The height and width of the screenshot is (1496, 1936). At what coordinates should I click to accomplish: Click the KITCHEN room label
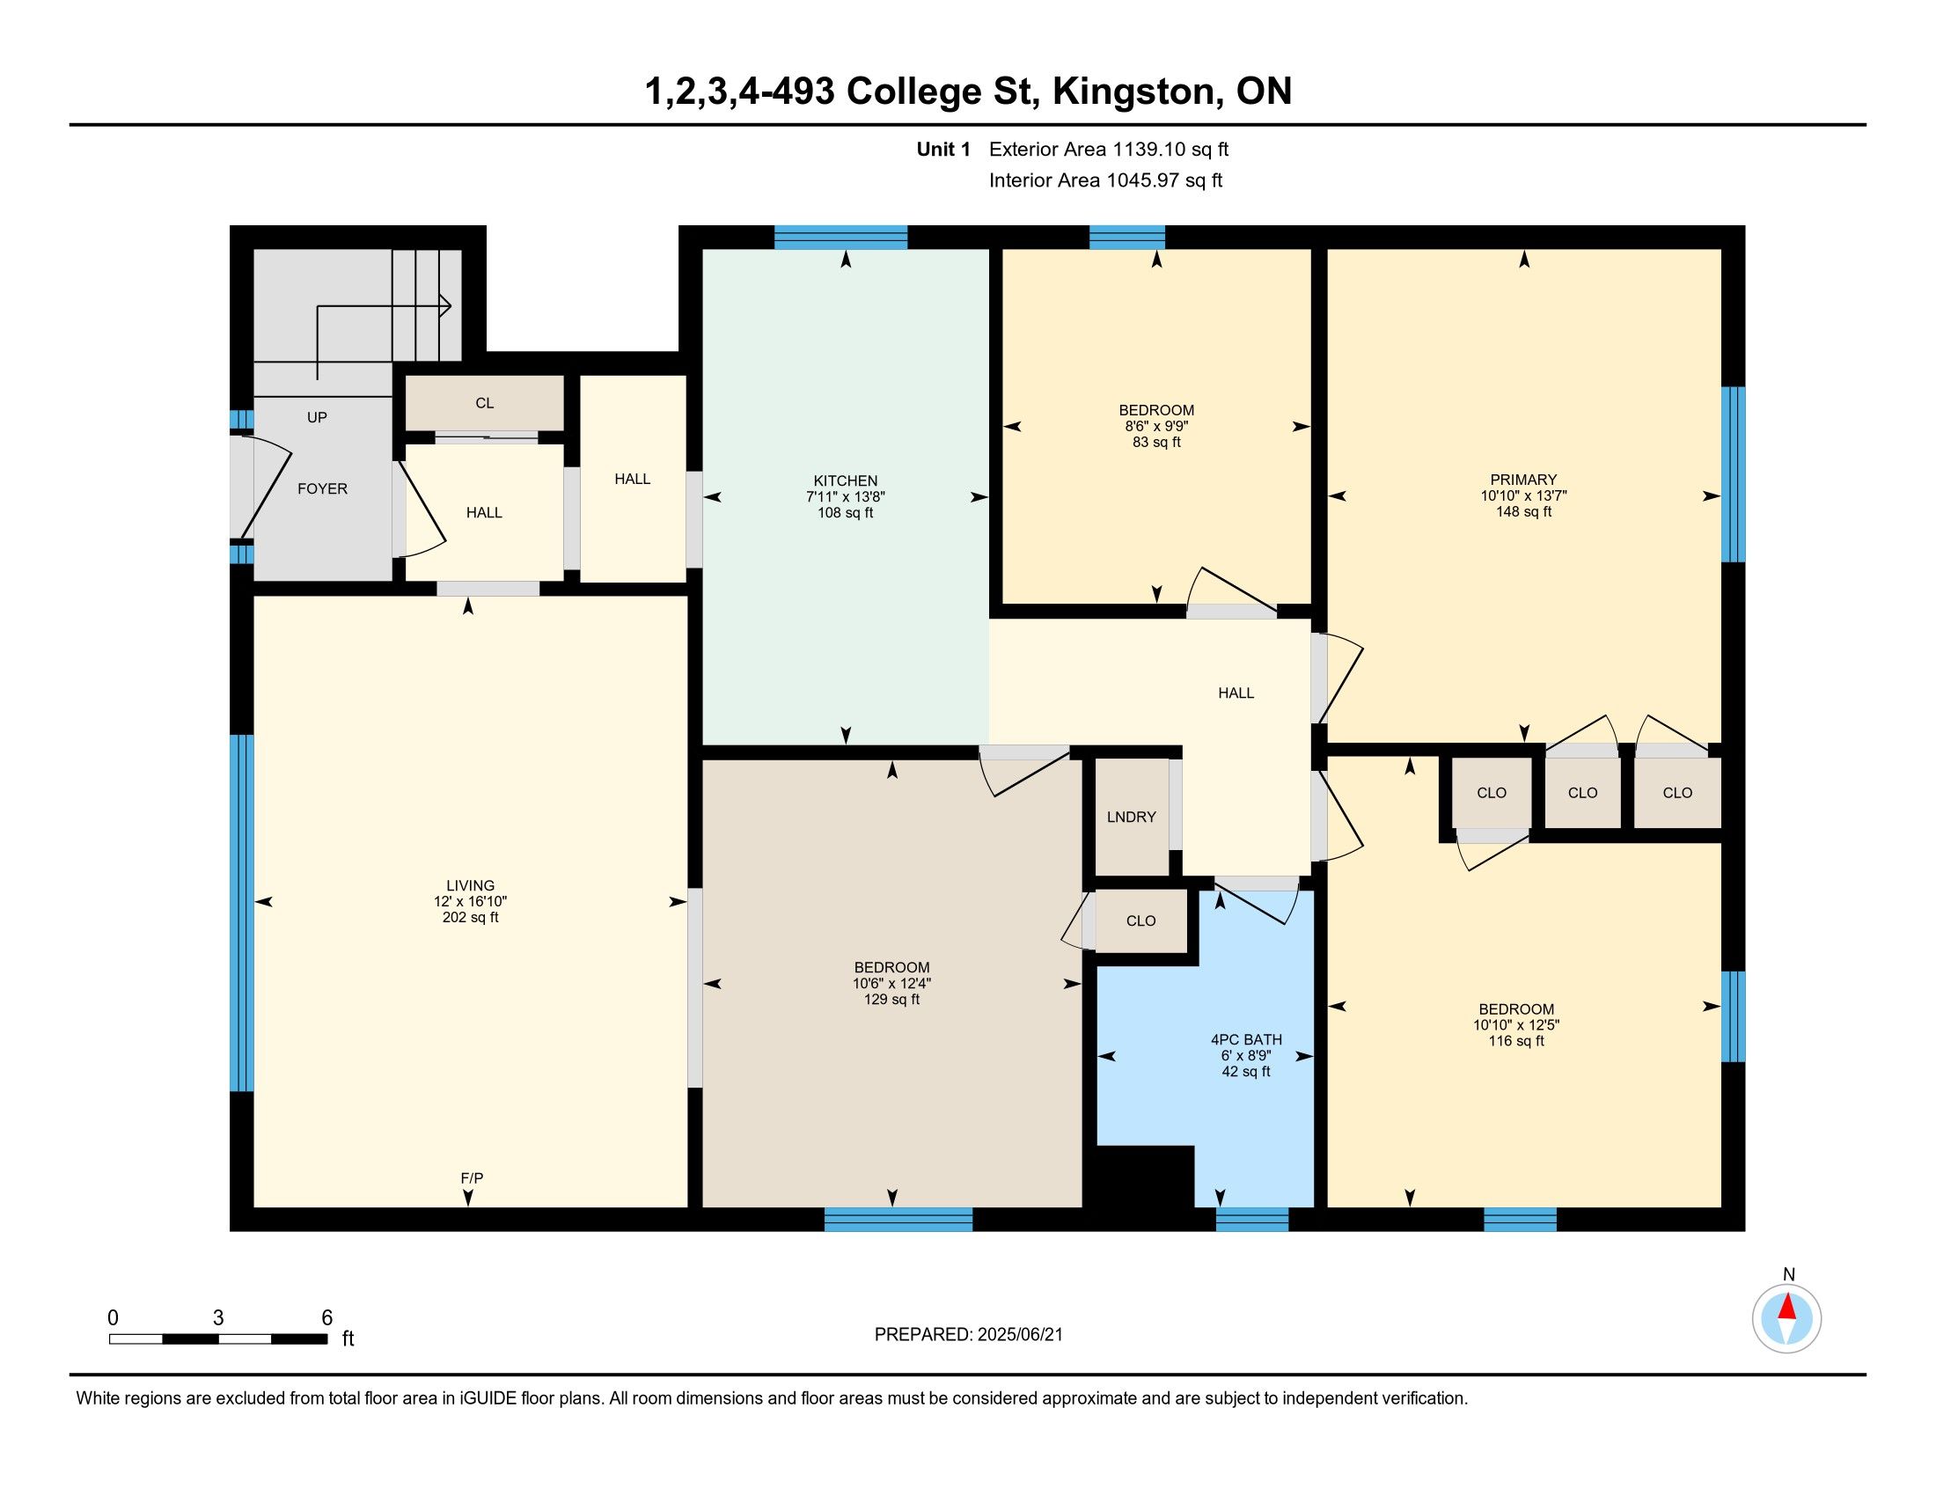pyautogui.click(x=845, y=481)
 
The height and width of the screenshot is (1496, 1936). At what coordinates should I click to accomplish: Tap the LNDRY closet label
pyautogui.click(x=1131, y=818)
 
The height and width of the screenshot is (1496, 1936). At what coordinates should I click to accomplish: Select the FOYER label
pyautogui.click(x=322, y=488)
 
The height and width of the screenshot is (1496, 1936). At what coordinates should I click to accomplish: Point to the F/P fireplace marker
pyautogui.click(x=472, y=1177)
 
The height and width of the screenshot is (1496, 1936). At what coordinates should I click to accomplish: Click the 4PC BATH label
pyautogui.click(x=1245, y=1039)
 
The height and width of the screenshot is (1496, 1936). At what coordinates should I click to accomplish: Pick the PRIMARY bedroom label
pyautogui.click(x=1523, y=480)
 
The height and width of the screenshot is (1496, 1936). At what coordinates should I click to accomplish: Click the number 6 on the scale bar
pyautogui.click(x=326, y=1318)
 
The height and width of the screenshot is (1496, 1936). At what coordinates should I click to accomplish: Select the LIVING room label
pyautogui.click(x=471, y=885)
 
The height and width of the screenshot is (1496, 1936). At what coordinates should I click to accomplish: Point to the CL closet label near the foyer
pyautogui.click(x=484, y=403)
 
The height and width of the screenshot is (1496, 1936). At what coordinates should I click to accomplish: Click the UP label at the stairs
pyautogui.click(x=317, y=417)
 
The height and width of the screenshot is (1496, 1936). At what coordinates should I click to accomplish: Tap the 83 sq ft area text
pyautogui.click(x=1156, y=443)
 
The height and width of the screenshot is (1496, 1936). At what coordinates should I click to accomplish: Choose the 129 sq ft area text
pyautogui.click(x=891, y=1000)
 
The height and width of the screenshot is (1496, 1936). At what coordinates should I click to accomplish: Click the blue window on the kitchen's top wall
pyautogui.click(x=840, y=238)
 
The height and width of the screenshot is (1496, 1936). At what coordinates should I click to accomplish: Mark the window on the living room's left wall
pyautogui.click(x=241, y=913)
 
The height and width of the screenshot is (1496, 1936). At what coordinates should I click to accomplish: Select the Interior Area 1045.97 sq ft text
pyautogui.click(x=1105, y=180)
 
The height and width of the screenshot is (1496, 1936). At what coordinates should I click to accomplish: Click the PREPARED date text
pyautogui.click(x=968, y=1335)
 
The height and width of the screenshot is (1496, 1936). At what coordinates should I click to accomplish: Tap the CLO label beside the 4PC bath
pyautogui.click(x=1140, y=920)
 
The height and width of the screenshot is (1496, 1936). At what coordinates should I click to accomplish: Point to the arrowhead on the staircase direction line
pyautogui.click(x=446, y=306)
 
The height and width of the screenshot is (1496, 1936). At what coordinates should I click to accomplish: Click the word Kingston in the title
pyautogui.click(x=1133, y=92)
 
